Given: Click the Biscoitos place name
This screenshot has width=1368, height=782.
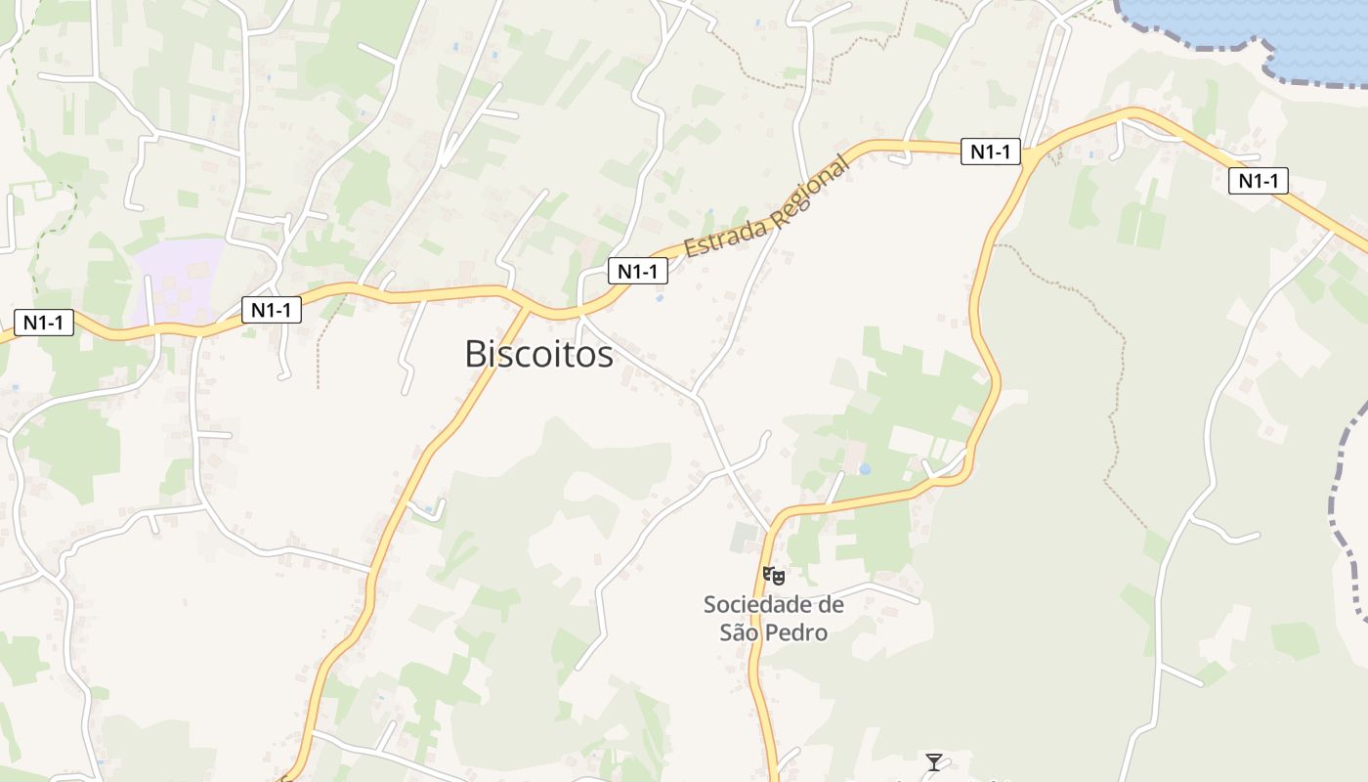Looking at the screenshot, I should pos(538,354).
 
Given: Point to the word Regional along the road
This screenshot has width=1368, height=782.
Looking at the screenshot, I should pos(810,191).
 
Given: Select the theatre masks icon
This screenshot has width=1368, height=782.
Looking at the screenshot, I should pos(773,575).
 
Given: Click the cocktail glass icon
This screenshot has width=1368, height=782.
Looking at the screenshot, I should pos(934,761).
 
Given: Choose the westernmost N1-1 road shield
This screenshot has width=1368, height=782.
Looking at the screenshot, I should pos(44,322).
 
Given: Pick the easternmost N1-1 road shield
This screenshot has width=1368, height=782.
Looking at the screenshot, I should pos(1259,180).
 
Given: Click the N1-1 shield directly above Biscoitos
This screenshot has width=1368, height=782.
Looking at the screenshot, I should pos(637,271).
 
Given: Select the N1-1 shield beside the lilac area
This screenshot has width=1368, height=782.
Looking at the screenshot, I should pos(271,310).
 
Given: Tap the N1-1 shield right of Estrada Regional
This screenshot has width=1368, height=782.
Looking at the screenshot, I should pos(990,152).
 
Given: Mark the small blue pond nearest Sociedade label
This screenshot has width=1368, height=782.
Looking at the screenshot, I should pos(865,469).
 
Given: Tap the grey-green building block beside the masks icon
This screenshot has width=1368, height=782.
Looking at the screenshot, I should pos(746,537).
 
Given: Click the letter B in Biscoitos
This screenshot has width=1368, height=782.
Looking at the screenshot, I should pos(476,354).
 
